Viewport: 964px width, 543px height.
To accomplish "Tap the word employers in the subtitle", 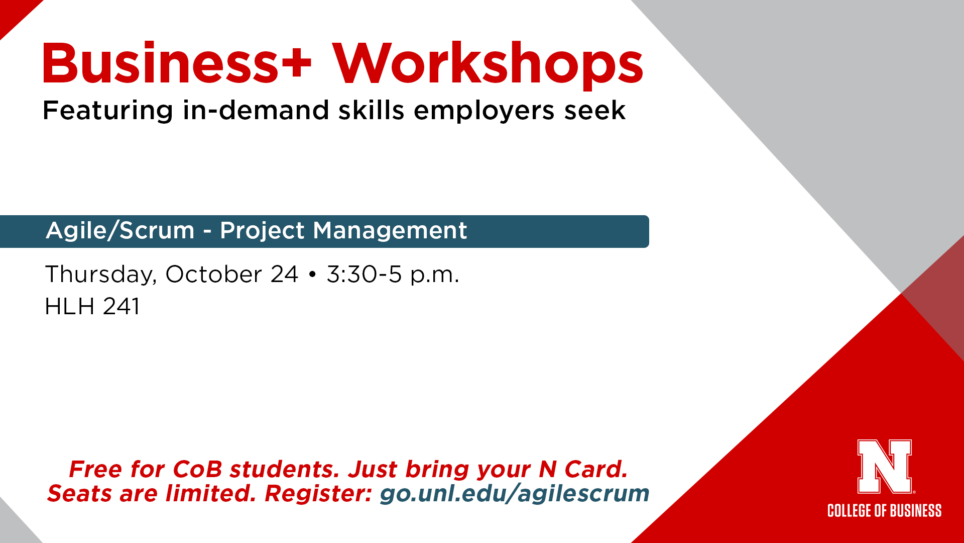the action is coord(484,111).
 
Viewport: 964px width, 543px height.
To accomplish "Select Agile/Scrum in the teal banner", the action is coord(120,231).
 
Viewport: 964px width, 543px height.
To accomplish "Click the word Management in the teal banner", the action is coord(390,232).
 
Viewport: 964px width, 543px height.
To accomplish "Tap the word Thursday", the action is coord(101,275).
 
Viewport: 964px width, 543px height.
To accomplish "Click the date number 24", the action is coord(285,275).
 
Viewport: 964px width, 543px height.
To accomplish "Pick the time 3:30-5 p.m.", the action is coord(393,275).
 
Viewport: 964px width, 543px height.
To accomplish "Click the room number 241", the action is coord(122,306).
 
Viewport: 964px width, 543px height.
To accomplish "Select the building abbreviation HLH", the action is coord(70,306).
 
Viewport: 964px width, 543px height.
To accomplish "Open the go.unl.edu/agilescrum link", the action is coord(515,493).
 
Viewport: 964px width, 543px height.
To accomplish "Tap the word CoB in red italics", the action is coord(197,469).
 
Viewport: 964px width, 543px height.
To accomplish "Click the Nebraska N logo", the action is coord(885,467).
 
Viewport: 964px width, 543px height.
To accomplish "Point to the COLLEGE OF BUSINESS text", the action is coord(885,511).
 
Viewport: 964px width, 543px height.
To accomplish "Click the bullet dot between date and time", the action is coord(312,275).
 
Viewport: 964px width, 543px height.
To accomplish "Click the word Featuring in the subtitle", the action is coord(108,111).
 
